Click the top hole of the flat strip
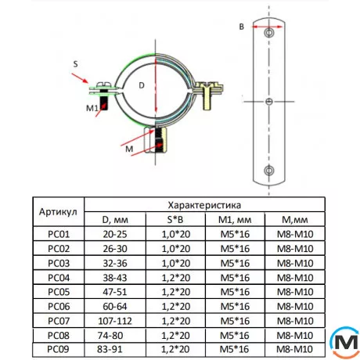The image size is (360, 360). point(269,33)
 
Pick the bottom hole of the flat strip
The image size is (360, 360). point(269,170)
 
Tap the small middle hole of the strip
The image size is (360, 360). point(269,102)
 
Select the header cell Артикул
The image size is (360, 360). point(58,211)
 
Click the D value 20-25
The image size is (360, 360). point(115,233)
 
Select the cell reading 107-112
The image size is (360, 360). point(115,319)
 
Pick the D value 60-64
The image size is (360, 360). point(115,305)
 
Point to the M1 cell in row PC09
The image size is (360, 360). point(234,348)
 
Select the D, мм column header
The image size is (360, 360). point(115,218)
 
